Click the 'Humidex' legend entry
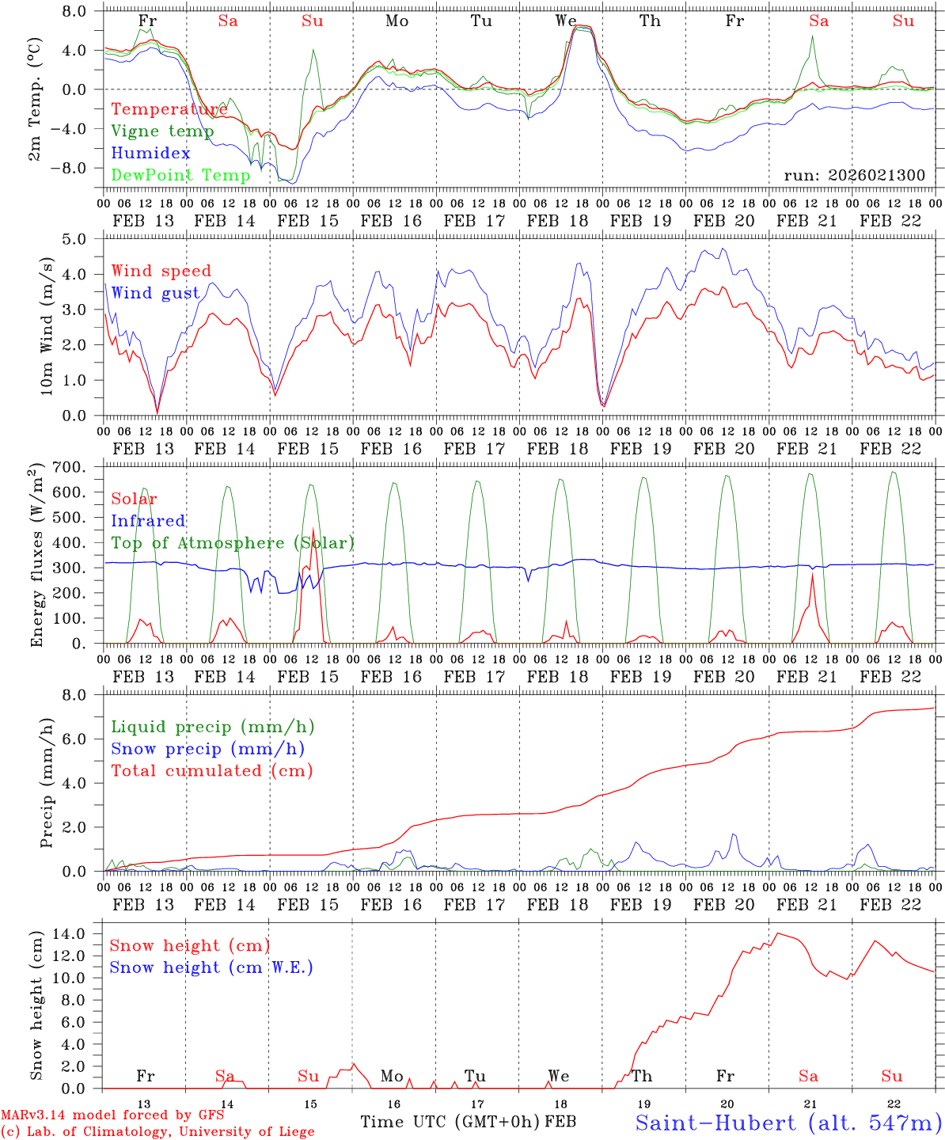click(x=150, y=153)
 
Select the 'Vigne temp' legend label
click(x=162, y=131)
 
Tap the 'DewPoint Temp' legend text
click(x=180, y=175)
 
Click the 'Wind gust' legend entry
click(x=155, y=293)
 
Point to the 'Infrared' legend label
click(x=148, y=521)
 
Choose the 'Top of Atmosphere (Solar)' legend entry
click(x=232, y=543)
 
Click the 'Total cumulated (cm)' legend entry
click(x=211, y=770)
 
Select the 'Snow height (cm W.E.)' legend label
click(x=211, y=967)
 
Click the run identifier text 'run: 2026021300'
click(x=854, y=175)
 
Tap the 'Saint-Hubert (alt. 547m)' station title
click(x=788, y=1123)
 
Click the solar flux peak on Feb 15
click(x=313, y=529)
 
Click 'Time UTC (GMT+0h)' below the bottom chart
click(x=450, y=1122)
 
